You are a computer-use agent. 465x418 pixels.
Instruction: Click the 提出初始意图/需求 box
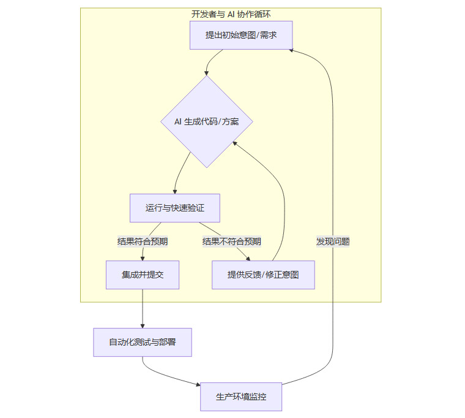[241, 35]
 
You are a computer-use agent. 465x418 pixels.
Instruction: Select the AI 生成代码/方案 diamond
[207, 121]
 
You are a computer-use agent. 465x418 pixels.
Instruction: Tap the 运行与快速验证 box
[174, 208]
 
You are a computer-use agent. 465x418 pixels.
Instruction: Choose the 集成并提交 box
[143, 275]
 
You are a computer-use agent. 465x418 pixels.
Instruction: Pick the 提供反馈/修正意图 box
[263, 275]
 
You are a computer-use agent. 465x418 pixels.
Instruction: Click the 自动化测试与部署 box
[143, 342]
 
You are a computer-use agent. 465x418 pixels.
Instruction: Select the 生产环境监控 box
[241, 397]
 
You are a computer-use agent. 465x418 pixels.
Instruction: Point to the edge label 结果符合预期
[143, 241]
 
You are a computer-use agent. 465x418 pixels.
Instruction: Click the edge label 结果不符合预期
[232, 241]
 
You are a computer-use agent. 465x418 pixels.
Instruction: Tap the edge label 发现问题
[333, 241]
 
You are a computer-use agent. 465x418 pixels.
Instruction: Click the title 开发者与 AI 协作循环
[231, 14]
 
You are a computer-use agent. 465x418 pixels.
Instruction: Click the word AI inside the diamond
[178, 122]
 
